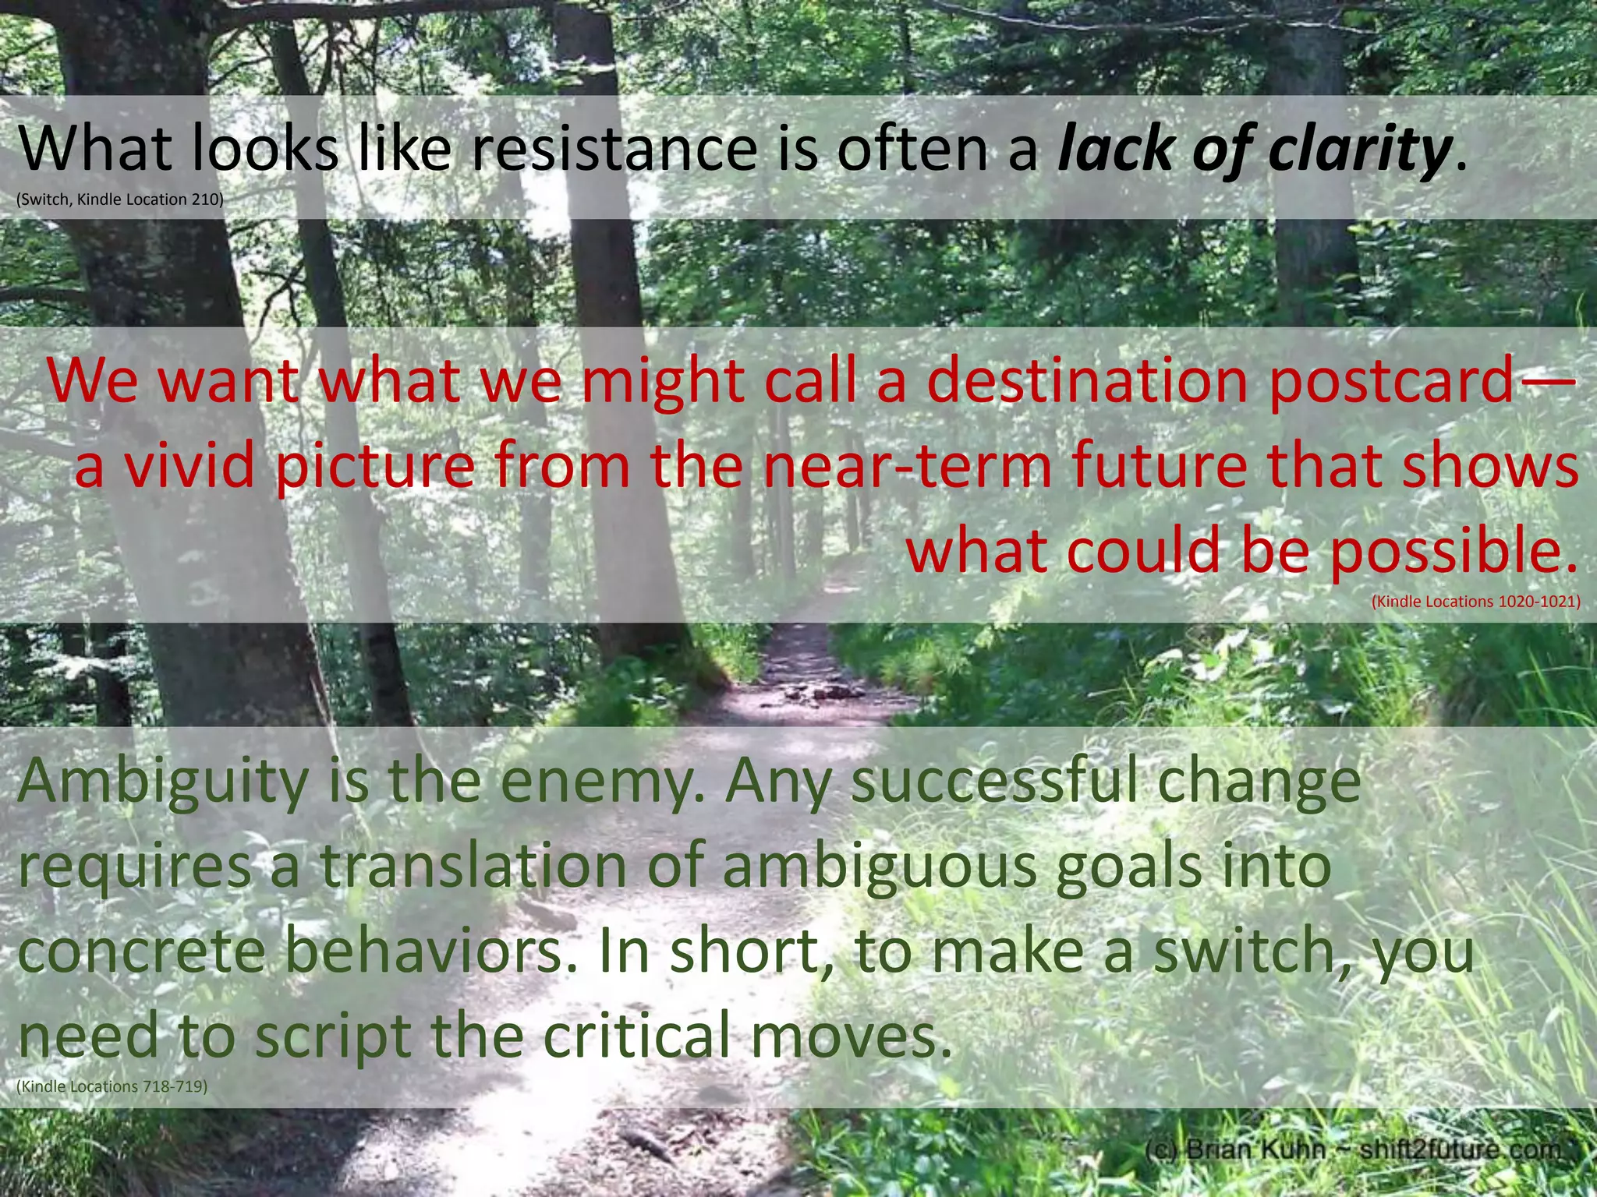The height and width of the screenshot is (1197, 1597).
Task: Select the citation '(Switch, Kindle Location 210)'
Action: pos(120,199)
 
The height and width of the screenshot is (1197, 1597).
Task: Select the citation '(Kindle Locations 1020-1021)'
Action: pos(1475,602)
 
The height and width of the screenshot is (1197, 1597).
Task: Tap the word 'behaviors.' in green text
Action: pos(433,952)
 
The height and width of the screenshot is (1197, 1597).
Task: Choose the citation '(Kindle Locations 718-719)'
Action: pos(112,1086)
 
